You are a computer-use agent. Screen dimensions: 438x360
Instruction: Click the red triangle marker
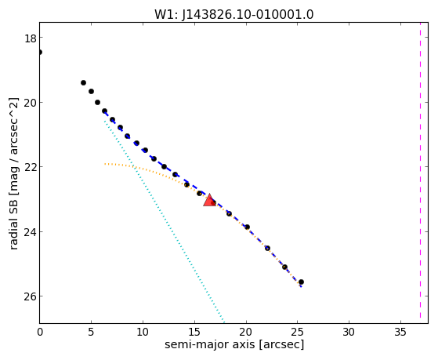pyautogui.click(x=209, y=200)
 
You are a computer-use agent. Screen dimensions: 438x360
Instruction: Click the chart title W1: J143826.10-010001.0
pyautogui.click(x=234, y=15)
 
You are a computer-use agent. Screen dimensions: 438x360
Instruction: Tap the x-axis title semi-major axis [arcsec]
pyautogui.click(x=234, y=344)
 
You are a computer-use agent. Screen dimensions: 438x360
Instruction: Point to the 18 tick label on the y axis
pyautogui.click(x=31, y=38)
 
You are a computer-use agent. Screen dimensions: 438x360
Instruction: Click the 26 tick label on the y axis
pyautogui.click(x=31, y=296)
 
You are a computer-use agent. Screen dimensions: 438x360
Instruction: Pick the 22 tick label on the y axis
pyautogui.click(x=31, y=167)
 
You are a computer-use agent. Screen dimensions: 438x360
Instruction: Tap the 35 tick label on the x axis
pyautogui.click(x=400, y=332)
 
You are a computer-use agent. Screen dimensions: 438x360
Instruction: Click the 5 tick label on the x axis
pyautogui.click(x=91, y=332)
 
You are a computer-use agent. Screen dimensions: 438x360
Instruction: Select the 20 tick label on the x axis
pyautogui.click(x=246, y=332)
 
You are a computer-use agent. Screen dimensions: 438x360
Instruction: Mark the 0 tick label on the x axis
pyautogui.click(x=40, y=332)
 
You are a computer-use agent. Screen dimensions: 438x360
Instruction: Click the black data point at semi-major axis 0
pyautogui.click(x=40, y=52)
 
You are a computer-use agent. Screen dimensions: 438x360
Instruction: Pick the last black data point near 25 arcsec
pyautogui.click(x=301, y=282)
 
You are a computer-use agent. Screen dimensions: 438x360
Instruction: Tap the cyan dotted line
pyautogui.click(x=165, y=221)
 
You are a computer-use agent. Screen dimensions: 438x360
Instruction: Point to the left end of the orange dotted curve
pyautogui.click(x=105, y=164)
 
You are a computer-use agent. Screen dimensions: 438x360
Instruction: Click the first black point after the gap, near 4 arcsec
pyautogui.click(x=83, y=82)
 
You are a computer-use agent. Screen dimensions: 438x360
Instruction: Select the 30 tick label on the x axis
pyautogui.click(x=349, y=332)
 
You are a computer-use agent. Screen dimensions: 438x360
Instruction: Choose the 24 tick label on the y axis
pyautogui.click(x=31, y=232)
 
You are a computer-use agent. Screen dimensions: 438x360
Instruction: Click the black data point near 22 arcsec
pyautogui.click(x=267, y=248)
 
